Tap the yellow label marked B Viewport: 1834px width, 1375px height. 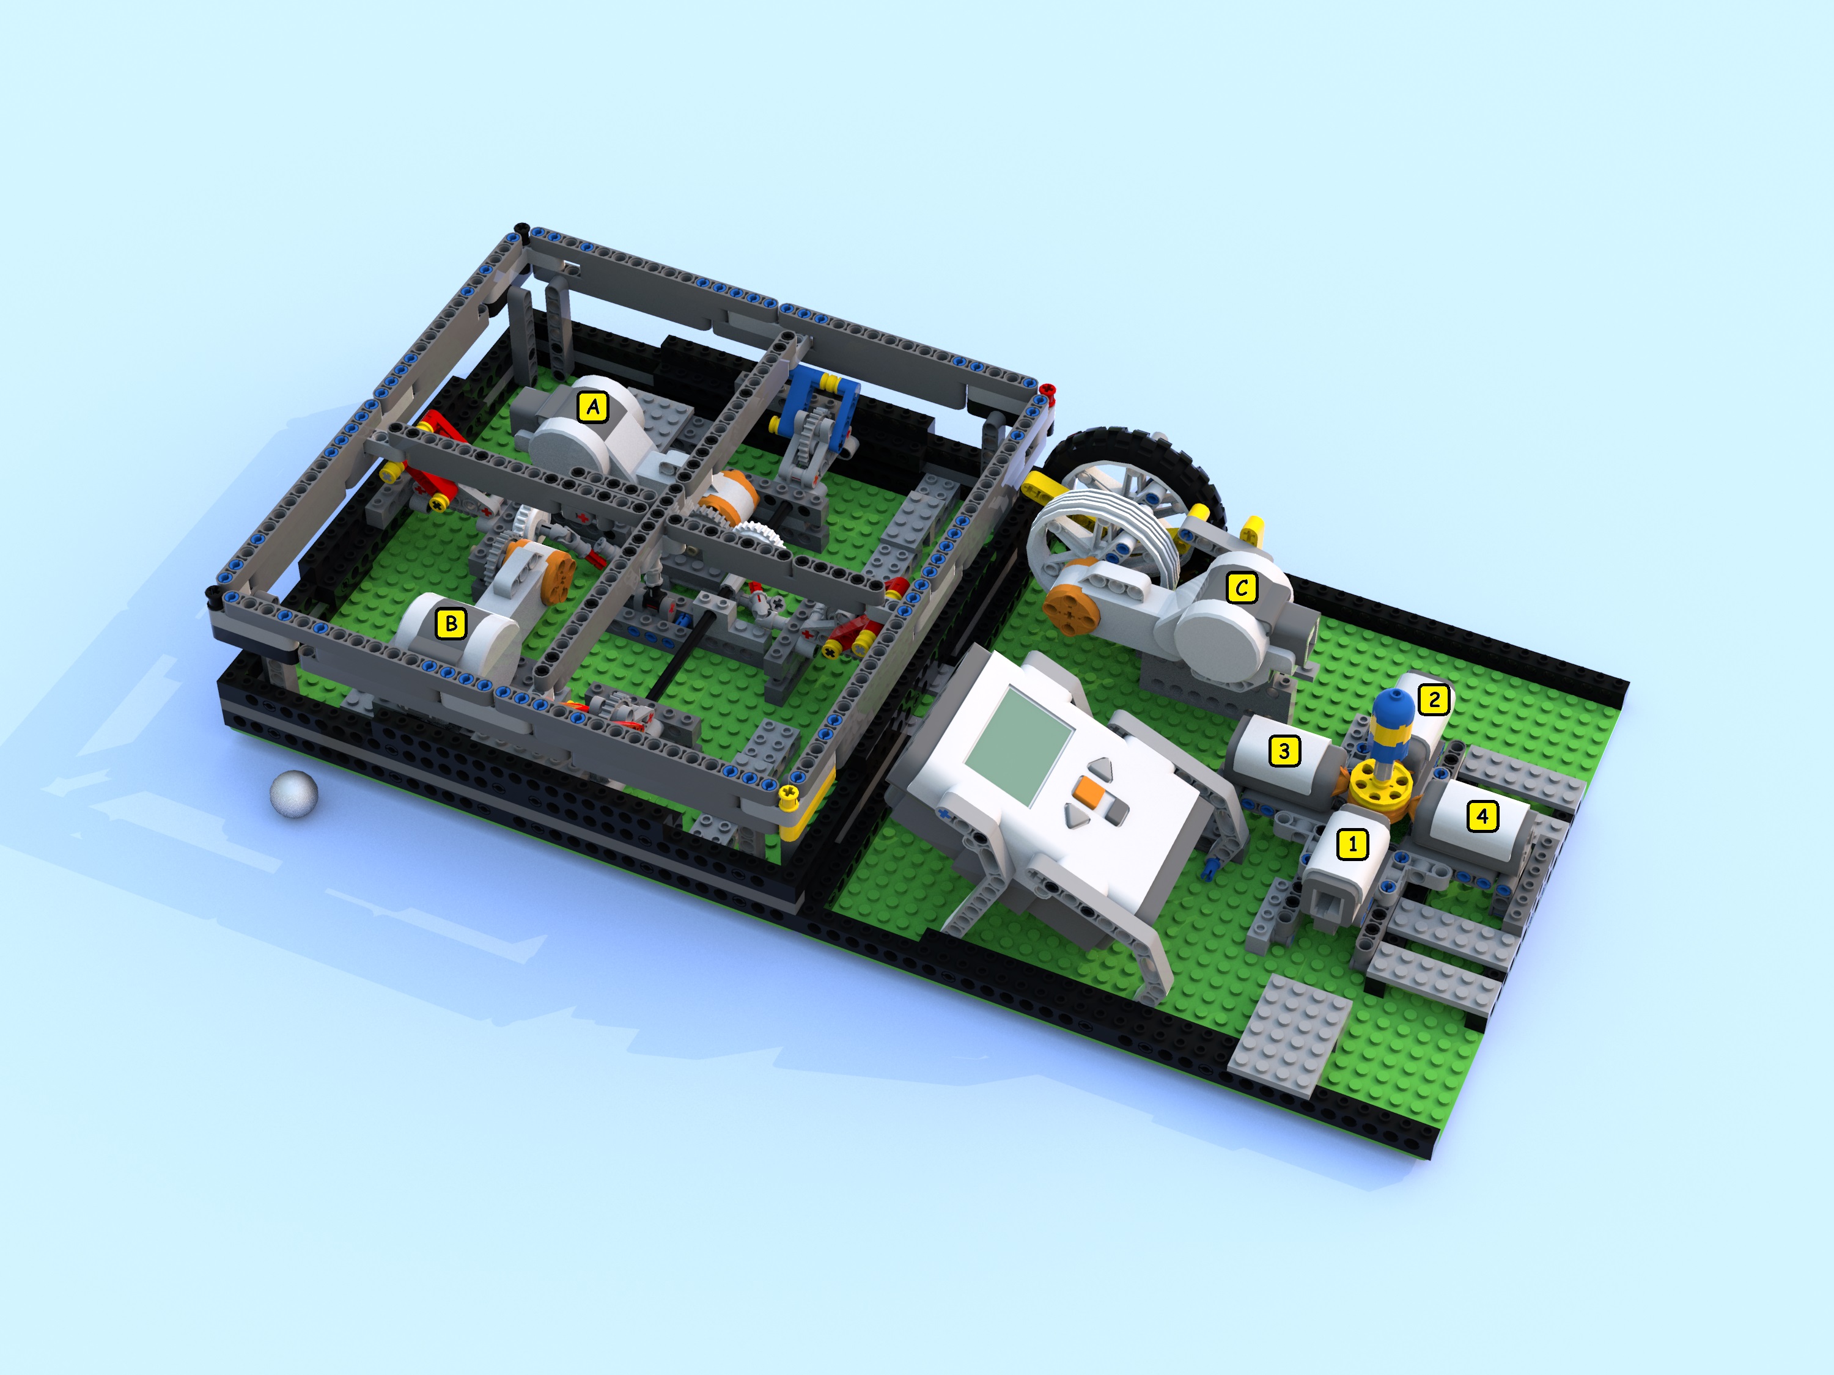(x=451, y=623)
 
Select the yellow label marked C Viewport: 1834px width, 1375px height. (x=1241, y=588)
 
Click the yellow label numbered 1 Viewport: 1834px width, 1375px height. (x=1353, y=845)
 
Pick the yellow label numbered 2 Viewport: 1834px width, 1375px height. (x=1434, y=700)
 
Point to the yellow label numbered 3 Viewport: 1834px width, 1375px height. (x=1284, y=751)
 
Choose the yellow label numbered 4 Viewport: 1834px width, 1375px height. (x=1482, y=816)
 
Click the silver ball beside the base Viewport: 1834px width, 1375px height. (x=294, y=794)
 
